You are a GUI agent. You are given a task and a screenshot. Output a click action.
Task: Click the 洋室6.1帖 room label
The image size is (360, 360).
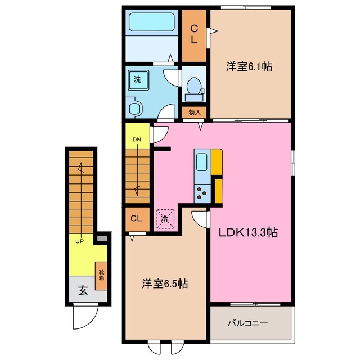(250, 67)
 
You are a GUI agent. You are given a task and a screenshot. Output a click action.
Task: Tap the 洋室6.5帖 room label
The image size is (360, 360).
(164, 285)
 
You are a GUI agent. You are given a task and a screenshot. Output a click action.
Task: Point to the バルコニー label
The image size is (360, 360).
(247, 323)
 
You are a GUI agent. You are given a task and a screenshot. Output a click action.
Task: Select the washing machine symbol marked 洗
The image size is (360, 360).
(138, 79)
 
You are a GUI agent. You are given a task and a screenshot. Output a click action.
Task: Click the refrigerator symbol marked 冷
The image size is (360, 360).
(165, 218)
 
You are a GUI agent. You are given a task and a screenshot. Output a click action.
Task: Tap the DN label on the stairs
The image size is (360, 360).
(137, 139)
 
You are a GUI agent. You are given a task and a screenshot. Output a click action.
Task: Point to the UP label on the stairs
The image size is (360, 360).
(79, 241)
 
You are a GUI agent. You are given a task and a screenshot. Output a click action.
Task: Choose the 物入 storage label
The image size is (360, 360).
(195, 112)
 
